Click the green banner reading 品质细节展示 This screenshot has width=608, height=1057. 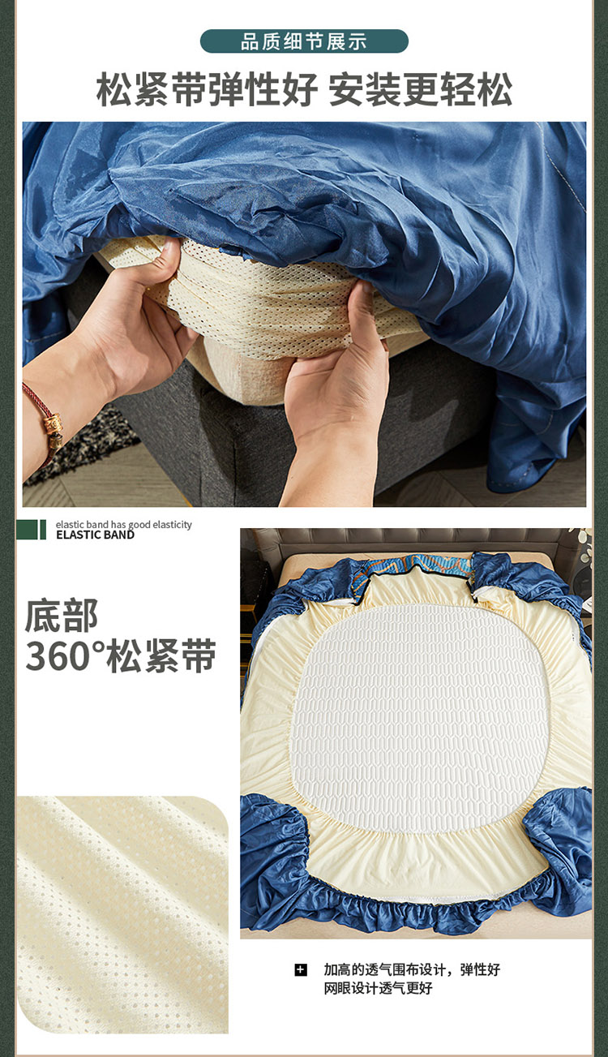pos(304,41)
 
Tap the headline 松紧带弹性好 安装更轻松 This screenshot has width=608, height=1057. pos(304,89)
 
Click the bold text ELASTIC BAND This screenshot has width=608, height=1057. pos(96,535)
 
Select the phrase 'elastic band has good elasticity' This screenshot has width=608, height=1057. pos(123,524)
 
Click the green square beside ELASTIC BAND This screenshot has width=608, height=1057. pos(27,530)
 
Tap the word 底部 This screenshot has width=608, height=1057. pos(62,616)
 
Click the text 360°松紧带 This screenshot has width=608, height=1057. pos(120,655)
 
